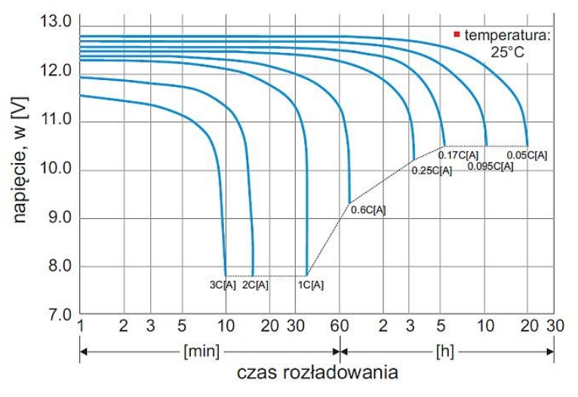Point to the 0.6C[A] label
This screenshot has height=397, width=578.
pos(369,210)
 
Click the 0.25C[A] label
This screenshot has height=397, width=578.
pos(432,171)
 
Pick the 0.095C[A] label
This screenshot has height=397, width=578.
pos(490,165)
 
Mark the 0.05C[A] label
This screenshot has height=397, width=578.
pos(527,155)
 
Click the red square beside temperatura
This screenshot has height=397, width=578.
pos(457,34)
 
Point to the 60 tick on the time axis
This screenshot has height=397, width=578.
pos(340,326)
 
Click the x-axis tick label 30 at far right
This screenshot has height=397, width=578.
pos(555,326)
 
